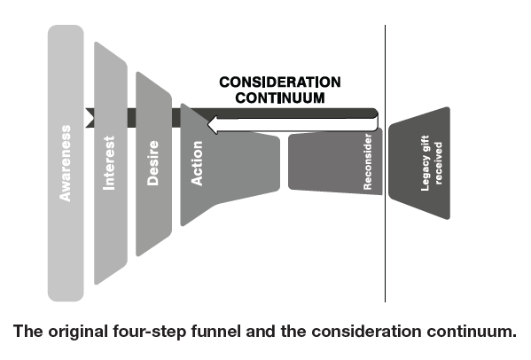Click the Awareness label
[x=66, y=162]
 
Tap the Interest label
[x=110, y=162]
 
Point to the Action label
[x=197, y=163]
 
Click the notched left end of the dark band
[x=90, y=114]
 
